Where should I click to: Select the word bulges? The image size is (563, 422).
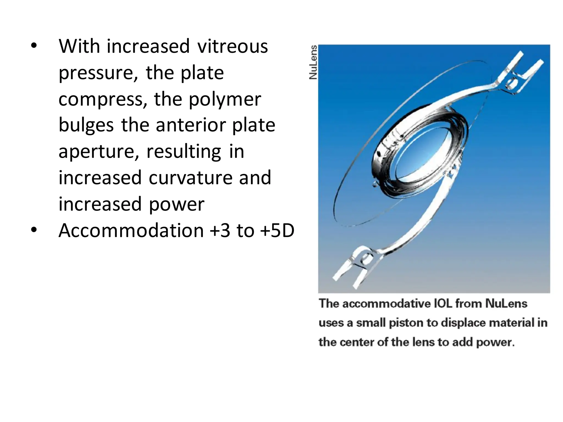pos(86,125)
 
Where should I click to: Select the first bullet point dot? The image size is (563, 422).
pos(34,46)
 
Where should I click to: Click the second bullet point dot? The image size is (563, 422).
pos(34,230)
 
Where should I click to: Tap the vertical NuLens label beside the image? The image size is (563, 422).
pos(313,62)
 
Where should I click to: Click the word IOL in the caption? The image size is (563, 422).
pos(443,304)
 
